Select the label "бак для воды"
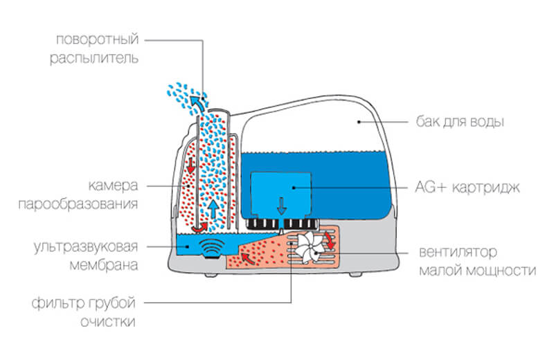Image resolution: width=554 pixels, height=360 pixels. (463, 123)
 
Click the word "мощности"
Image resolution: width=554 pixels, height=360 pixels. (503, 271)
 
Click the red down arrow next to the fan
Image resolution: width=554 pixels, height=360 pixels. (330, 243)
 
